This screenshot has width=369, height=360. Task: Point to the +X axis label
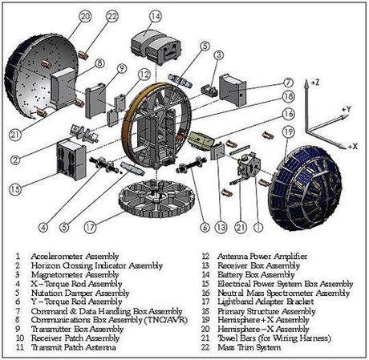pyautogui.click(x=354, y=146)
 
